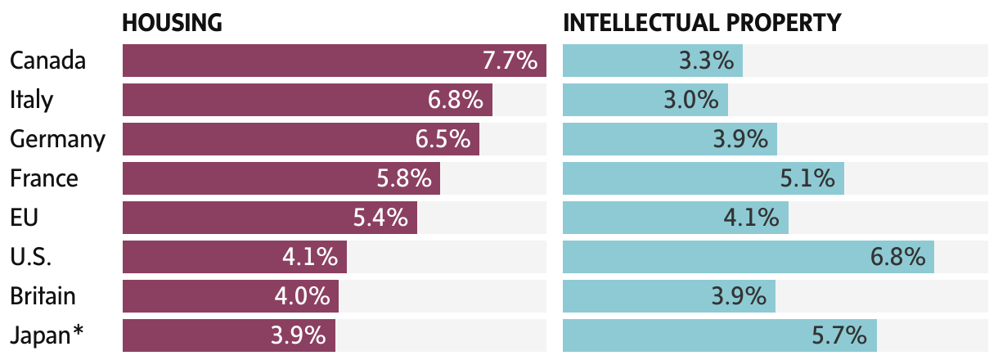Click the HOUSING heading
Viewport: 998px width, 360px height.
(172, 23)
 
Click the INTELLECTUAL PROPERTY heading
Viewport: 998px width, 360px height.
(702, 23)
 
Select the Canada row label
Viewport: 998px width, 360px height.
(48, 61)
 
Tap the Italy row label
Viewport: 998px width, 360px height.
(31, 100)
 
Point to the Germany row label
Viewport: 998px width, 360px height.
(57, 139)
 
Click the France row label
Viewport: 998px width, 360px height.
(44, 178)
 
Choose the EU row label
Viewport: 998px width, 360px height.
(25, 218)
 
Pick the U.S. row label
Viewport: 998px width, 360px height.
(31, 257)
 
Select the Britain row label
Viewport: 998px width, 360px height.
(43, 296)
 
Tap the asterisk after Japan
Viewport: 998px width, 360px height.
(79, 331)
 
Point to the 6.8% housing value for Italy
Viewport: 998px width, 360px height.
(456, 100)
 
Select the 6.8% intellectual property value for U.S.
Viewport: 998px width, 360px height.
(897, 257)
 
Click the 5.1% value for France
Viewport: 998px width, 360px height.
(807, 178)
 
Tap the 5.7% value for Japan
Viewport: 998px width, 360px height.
(839, 335)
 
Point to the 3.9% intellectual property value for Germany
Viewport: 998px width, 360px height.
(740, 139)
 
